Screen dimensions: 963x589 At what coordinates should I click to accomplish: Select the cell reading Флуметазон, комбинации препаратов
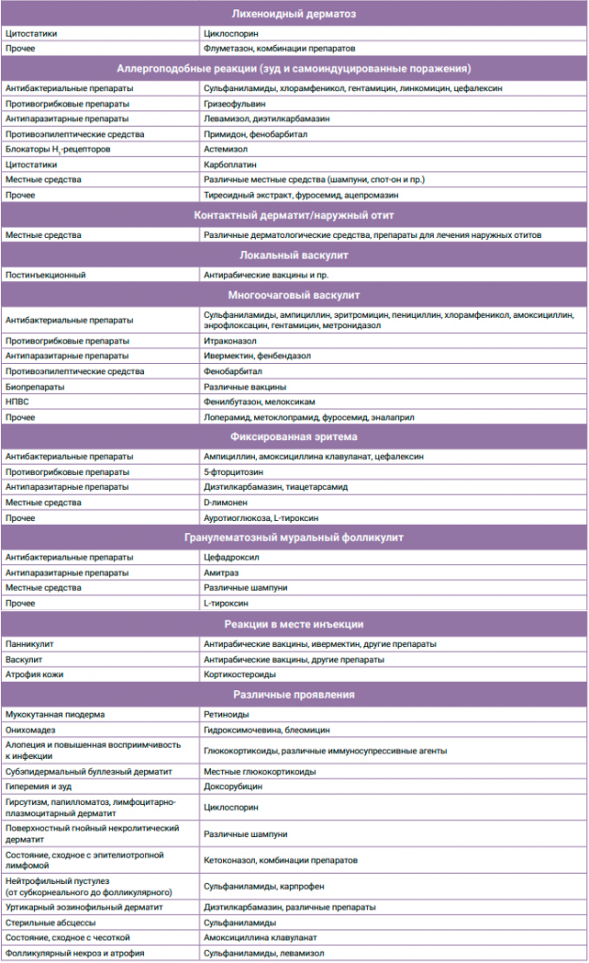tap(279, 48)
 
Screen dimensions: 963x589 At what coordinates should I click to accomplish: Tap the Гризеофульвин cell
tap(234, 103)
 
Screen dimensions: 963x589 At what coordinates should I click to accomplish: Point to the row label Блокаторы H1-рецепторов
tap(58, 150)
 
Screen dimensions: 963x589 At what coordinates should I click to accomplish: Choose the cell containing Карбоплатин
tap(230, 165)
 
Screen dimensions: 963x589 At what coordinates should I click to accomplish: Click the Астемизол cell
tap(226, 150)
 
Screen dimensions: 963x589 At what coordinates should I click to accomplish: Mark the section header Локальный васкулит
tap(294, 255)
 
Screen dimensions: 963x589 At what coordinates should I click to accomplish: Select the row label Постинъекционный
tap(46, 275)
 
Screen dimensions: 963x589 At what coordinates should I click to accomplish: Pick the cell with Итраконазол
tap(231, 339)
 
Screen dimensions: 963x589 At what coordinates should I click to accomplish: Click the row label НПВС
tap(19, 402)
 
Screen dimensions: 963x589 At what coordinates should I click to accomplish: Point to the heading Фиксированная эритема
tap(294, 436)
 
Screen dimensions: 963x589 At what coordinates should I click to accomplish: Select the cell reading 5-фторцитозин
tap(231, 471)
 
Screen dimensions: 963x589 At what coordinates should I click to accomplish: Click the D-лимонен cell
tap(227, 502)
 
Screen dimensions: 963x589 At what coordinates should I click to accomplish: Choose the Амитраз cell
tap(223, 572)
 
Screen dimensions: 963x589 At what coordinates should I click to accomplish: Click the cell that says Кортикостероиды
tap(240, 674)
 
